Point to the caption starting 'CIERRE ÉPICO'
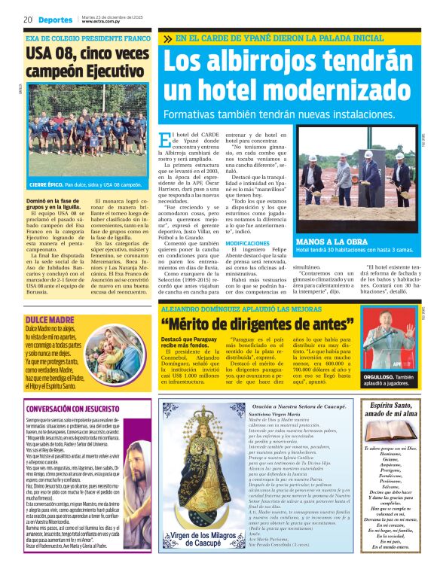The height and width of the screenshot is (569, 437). [84, 184]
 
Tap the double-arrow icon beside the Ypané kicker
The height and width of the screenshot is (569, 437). [167, 38]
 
